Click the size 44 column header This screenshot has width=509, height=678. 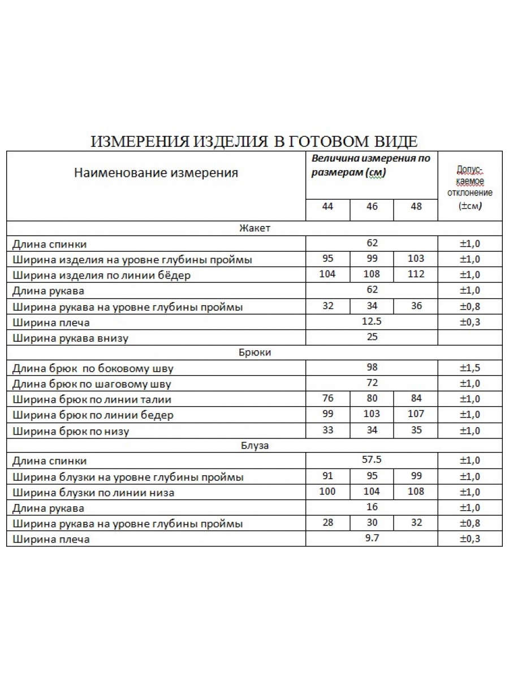point(327,206)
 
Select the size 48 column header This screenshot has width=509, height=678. point(416,206)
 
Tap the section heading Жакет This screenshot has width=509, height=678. point(255,228)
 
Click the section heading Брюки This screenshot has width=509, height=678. point(255,352)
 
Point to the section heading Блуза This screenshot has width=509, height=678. point(255,445)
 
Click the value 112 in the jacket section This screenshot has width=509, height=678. point(416,275)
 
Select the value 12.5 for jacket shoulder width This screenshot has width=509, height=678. point(372,321)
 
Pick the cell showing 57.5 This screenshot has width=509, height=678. point(372,460)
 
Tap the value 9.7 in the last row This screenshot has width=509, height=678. point(372,538)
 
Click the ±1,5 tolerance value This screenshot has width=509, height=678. point(470,368)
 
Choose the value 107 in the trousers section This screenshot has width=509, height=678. point(416,414)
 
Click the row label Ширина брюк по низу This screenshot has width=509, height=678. point(71,432)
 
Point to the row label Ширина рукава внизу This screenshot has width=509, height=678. point(70,339)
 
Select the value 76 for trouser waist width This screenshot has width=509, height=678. point(327,399)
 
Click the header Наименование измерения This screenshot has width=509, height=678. point(156,173)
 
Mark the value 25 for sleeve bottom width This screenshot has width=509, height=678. point(372,337)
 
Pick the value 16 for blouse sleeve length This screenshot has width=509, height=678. point(372,507)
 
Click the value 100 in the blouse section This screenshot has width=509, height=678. point(327,492)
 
